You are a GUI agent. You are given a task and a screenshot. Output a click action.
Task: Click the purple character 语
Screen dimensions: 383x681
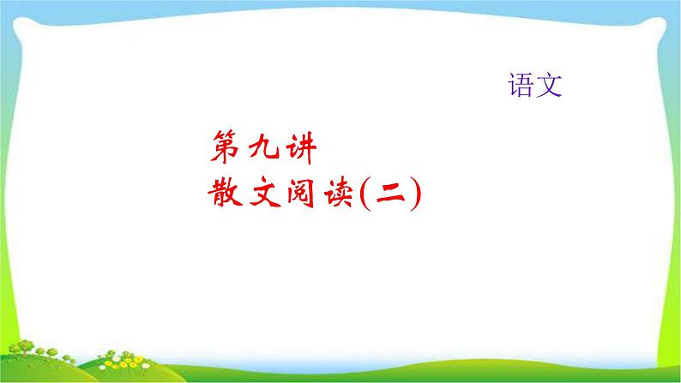click(520, 85)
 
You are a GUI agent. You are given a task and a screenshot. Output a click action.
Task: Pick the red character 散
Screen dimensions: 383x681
click(226, 194)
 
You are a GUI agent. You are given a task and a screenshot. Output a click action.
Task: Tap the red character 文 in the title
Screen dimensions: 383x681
click(263, 194)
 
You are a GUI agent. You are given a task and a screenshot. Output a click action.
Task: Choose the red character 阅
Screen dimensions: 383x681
click(301, 194)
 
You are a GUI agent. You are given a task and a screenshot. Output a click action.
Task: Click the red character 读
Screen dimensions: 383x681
click(338, 194)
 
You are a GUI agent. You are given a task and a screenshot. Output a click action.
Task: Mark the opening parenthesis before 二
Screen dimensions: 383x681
click(363, 194)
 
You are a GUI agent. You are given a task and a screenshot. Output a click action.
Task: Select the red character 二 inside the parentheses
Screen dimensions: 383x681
click(388, 194)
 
